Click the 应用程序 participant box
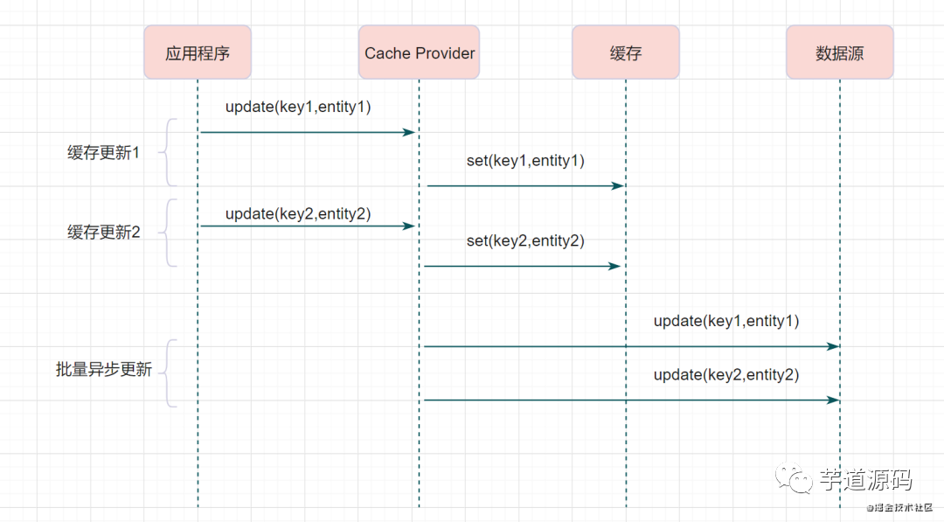(198, 52)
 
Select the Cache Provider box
(419, 52)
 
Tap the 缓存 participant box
(626, 52)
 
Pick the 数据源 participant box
(840, 52)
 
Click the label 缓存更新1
(103, 153)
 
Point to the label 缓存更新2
(103, 233)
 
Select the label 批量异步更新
(103, 369)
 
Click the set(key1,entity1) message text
(525, 161)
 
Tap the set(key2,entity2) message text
(525, 240)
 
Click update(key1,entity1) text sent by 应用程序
(298, 108)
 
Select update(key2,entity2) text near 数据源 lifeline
(726, 375)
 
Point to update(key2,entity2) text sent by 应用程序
(298, 213)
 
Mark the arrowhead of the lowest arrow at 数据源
(835, 400)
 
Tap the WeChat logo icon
(794, 478)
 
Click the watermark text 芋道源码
(865, 480)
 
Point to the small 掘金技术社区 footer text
(899, 507)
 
